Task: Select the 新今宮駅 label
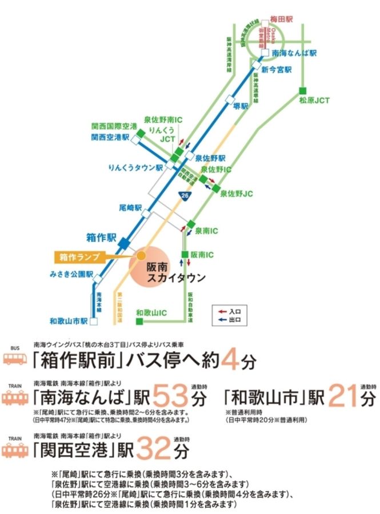[x=281, y=70]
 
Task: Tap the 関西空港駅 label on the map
[x=111, y=138]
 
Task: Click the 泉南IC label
[x=207, y=231]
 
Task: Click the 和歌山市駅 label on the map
[x=68, y=321]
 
